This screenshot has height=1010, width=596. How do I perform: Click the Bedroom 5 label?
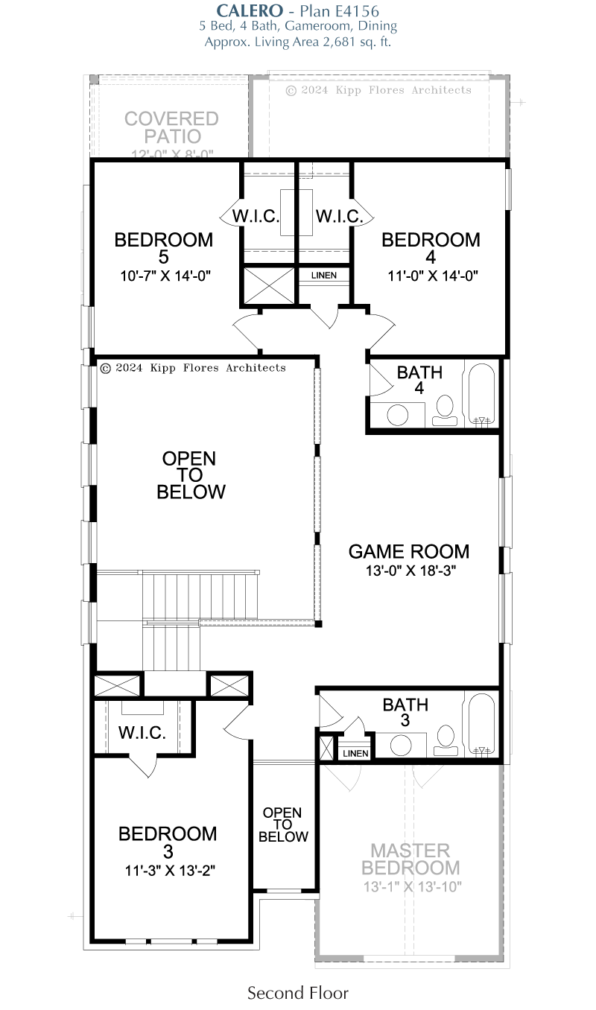[164, 248]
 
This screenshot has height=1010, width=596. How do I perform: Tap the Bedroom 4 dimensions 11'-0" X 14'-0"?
[433, 276]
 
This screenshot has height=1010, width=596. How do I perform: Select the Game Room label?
[409, 551]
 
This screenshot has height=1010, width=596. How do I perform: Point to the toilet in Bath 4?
[445, 410]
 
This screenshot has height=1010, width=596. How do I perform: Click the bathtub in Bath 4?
[481, 395]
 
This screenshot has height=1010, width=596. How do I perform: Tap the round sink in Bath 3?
[401, 746]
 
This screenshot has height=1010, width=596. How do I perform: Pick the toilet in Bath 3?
[446, 740]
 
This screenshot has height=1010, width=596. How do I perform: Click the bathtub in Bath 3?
[481, 724]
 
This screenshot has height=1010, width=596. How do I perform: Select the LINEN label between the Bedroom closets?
[323, 275]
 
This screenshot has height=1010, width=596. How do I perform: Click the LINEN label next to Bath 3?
[355, 754]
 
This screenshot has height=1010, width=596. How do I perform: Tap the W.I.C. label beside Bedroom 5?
[256, 216]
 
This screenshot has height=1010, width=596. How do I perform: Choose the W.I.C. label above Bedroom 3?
[142, 733]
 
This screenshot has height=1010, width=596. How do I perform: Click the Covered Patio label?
[172, 127]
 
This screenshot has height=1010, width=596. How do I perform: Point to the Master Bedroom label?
[410, 859]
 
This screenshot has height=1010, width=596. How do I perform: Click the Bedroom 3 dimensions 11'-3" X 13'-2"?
[170, 870]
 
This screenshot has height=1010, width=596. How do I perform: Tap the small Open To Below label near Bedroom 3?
[283, 825]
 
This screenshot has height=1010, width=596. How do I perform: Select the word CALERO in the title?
[250, 10]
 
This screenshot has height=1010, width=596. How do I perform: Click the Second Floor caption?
[298, 993]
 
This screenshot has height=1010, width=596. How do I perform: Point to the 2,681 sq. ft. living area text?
[357, 42]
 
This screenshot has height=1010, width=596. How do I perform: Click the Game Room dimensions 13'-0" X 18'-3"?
[410, 571]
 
